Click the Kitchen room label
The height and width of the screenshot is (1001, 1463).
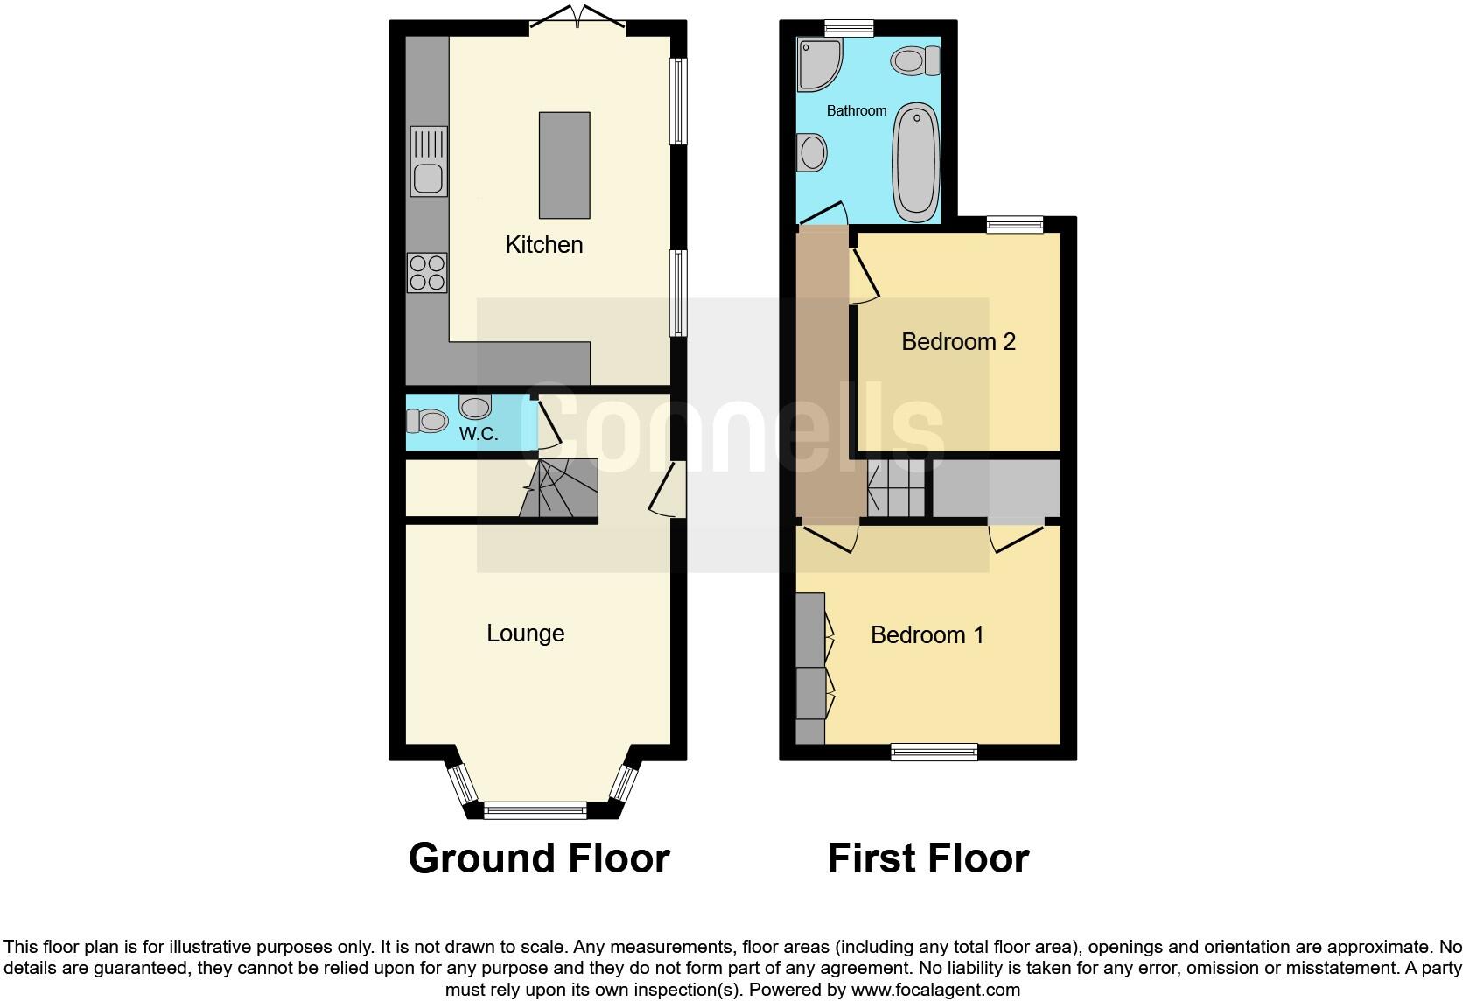coord(544,245)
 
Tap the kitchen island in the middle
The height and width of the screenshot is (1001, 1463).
coord(564,164)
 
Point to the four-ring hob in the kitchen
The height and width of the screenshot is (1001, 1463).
coord(427,272)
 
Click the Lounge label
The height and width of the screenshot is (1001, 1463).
coord(525,633)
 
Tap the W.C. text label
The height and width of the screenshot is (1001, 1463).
coord(479,434)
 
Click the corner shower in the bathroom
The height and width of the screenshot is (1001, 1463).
coord(818,63)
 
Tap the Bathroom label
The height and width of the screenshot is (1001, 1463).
coord(857,111)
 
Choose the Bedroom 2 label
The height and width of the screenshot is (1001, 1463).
coord(958,342)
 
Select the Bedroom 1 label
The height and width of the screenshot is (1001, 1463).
coord(927,634)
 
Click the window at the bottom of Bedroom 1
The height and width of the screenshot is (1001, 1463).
coord(934,752)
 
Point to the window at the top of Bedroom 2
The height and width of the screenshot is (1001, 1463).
coord(1015,225)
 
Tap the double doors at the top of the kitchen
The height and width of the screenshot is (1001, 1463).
coord(577,20)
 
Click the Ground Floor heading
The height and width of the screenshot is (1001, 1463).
coord(539,858)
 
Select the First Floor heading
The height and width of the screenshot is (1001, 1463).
coord(927,858)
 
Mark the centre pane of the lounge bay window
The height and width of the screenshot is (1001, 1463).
coord(535,810)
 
